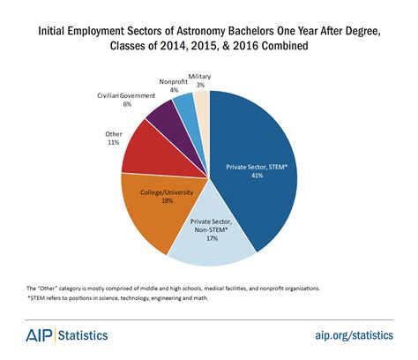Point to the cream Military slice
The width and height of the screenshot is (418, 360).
(202, 102)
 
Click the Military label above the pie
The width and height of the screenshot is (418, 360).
(200, 76)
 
